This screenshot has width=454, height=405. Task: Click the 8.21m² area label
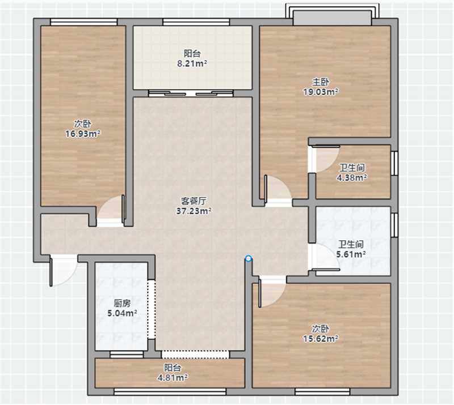pyautogui.click(x=192, y=63)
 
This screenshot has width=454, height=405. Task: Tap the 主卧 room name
pyautogui.click(x=321, y=82)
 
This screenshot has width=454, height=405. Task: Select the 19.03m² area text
pyautogui.click(x=321, y=92)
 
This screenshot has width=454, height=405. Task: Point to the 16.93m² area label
pyautogui.click(x=82, y=134)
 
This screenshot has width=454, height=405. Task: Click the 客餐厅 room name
pyautogui.click(x=194, y=201)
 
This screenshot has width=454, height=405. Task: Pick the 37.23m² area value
pyautogui.click(x=194, y=211)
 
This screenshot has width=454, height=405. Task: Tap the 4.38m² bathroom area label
pyautogui.click(x=352, y=177)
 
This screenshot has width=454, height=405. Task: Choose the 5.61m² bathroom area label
pyautogui.click(x=351, y=254)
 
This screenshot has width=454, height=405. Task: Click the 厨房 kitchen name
pyautogui.click(x=122, y=303)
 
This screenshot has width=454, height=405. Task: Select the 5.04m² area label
pyautogui.click(x=122, y=313)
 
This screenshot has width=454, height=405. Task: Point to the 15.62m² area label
pyautogui.click(x=321, y=339)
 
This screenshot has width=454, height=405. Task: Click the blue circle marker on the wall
pyautogui.click(x=248, y=258)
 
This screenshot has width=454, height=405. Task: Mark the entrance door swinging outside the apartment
pyautogui.click(x=63, y=271)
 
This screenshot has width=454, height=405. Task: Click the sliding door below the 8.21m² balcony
pyautogui.click(x=191, y=93)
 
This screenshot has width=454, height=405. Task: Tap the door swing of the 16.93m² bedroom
pyautogui.click(x=111, y=210)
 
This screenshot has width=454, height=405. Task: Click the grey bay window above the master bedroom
pyautogui.click(x=332, y=18)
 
